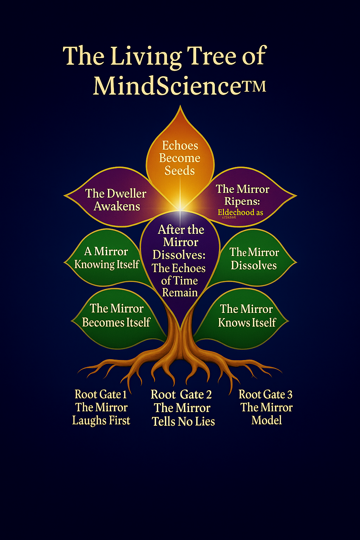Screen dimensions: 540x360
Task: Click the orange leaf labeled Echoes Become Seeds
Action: click(180, 155)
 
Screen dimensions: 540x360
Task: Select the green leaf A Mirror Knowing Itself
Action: click(107, 258)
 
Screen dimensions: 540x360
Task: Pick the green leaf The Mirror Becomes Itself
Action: click(116, 315)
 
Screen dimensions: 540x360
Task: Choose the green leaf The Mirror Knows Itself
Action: click(247, 316)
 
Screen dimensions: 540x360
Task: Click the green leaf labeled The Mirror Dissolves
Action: click(254, 258)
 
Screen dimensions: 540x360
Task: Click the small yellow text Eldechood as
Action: click(240, 212)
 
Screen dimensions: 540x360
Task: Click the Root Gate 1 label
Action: click(101, 394)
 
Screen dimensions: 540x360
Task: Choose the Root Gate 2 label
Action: click(181, 395)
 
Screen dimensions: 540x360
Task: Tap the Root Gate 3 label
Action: click(266, 394)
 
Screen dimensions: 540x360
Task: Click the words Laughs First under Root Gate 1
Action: click(101, 420)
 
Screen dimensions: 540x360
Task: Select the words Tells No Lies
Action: click(183, 421)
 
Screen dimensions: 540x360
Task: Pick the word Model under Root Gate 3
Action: click(266, 420)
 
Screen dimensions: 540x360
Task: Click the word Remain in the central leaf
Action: click(180, 292)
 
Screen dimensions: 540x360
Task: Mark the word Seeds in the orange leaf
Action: click(180, 171)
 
